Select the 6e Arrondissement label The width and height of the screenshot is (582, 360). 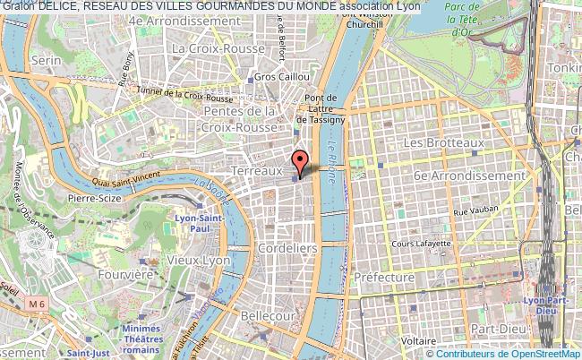point(468,176)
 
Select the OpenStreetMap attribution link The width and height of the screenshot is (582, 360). point(534,352)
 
